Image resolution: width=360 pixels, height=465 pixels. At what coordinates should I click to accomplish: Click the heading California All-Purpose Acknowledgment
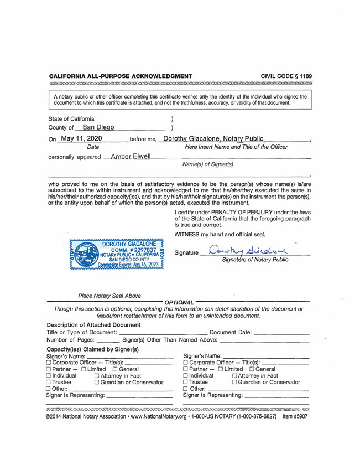pos(120,74)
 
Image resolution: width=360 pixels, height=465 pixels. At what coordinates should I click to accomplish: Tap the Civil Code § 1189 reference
pos(286,74)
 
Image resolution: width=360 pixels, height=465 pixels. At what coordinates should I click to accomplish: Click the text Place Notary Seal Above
pos(106,296)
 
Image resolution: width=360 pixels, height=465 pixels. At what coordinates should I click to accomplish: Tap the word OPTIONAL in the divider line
pos(177,302)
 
